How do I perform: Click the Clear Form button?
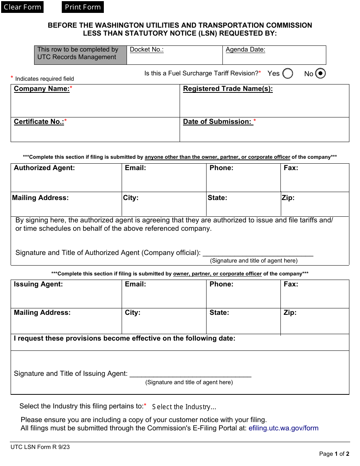22,7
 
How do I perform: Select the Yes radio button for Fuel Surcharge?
288,73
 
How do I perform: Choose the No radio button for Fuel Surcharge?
320,73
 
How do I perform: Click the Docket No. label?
147,50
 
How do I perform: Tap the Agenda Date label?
245,50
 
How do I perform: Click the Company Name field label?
42,89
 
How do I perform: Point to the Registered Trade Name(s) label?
228,89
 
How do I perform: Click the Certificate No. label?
39,122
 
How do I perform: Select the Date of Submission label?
218,122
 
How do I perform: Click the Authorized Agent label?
44,168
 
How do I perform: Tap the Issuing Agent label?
38,284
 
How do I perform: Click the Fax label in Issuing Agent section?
291,284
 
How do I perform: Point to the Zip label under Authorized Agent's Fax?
288,198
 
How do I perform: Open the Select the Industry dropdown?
184,407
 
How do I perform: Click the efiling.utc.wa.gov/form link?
283,428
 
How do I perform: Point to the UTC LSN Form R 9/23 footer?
40,447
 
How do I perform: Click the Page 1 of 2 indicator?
334,454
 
